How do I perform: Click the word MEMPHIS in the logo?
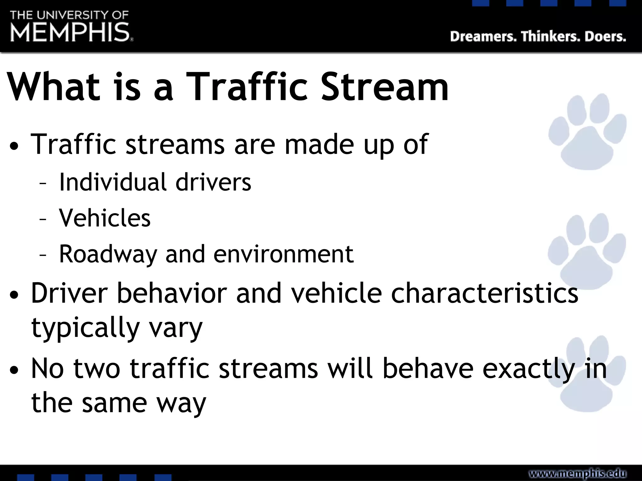pos(70,32)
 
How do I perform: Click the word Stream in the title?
pos(384,87)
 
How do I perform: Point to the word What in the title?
pos(53,87)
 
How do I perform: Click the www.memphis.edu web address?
pos(577,473)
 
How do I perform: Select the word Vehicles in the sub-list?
pos(105,218)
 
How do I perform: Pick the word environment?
pos(283,254)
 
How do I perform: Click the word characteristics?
pos(484,293)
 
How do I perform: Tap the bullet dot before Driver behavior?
pos(14,295)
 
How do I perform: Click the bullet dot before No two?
pos(14,370)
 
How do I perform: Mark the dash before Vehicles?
pos(43,219)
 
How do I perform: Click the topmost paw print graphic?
pos(587,132)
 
